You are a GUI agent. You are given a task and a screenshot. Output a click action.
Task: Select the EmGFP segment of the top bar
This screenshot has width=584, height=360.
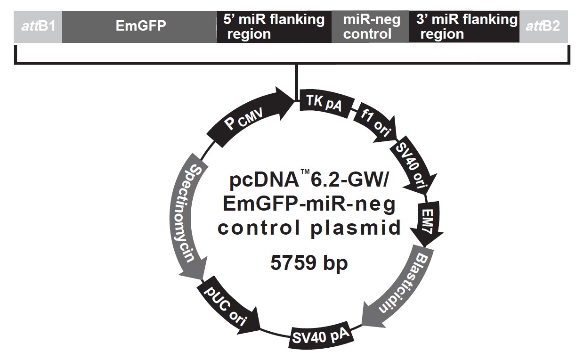coord(139,26)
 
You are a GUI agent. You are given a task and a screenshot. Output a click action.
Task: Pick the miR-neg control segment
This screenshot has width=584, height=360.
coord(370,26)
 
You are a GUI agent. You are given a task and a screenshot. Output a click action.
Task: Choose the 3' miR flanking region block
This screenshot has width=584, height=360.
coord(464,26)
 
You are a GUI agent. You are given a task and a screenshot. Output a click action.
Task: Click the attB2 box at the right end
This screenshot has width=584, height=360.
coord(543,26)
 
